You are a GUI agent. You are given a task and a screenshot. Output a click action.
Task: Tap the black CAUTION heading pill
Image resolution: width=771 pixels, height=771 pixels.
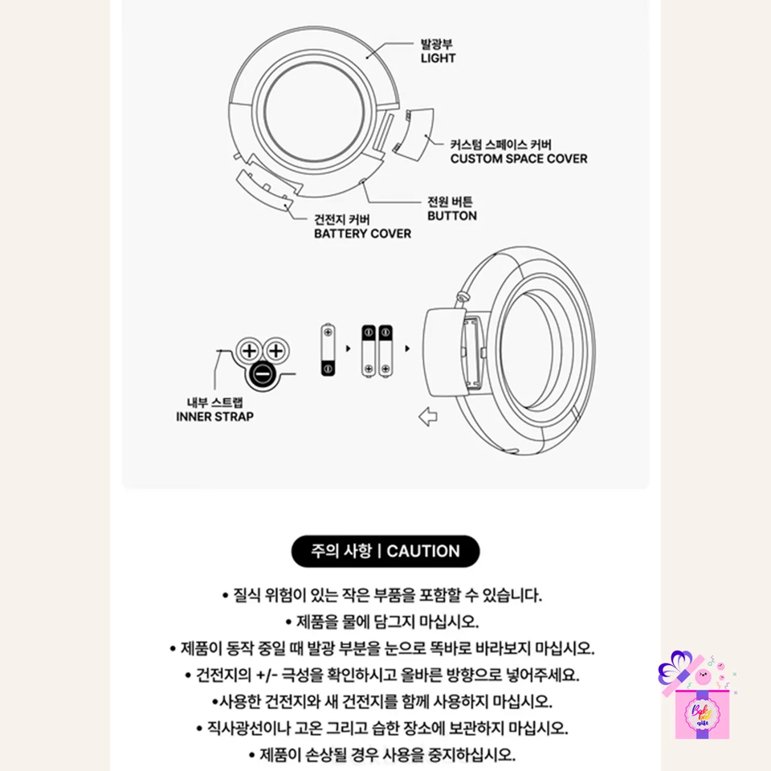pyautogui.click(x=385, y=551)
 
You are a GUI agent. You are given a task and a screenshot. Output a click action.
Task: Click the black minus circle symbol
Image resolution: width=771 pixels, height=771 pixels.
pyautogui.click(x=263, y=375)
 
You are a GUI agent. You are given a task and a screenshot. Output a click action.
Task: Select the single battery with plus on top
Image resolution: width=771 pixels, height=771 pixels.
pyautogui.click(x=328, y=349)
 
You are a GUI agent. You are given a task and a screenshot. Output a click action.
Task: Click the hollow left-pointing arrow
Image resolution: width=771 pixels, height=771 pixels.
pyautogui.click(x=428, y=417)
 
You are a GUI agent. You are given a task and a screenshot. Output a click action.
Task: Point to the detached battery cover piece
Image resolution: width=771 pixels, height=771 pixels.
pyautogui.click(x=264, y=190)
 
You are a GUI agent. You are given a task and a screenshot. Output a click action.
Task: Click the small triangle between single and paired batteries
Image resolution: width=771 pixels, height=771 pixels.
pyautogui.click(x=348, y=349)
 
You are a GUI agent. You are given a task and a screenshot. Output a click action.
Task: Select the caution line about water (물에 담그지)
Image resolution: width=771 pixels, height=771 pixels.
pyautogui.click(x=382, y=622)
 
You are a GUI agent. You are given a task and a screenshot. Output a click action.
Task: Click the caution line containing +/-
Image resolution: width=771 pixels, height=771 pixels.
pyautogui.click(x=382, y=675)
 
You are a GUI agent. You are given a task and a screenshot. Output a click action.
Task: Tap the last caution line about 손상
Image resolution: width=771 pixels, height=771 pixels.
pyautogui.click(x=382, y=754)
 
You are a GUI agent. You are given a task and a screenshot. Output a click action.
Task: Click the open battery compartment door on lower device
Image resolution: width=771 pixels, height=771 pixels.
pyautogui.click(x=444, y=353)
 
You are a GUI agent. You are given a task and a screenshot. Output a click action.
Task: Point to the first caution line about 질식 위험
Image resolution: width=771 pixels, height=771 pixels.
pyautogui.click(x=382, y=595)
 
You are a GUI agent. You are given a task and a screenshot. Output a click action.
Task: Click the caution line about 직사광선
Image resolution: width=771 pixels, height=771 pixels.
pyautogui.click(x=382, y=728)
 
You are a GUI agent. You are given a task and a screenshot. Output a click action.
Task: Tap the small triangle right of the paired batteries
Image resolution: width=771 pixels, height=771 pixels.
pyautogui.click(x=407, y=349)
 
